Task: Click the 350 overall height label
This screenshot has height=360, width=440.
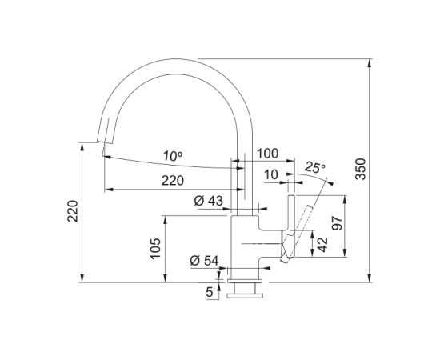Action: coord(361,169)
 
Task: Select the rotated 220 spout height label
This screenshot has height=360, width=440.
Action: coord(73,211)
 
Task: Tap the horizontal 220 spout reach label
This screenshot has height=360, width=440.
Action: coord(173,181)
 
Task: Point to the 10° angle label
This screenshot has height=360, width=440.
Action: coord(173,156)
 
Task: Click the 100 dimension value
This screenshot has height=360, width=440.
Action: coord(268,154)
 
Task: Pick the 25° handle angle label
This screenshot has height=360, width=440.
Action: coord(314,167)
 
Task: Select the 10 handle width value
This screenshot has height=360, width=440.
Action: coord(271,175)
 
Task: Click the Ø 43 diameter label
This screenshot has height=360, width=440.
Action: coord(209,201)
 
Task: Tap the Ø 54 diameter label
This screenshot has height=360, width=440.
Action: coord(204,261)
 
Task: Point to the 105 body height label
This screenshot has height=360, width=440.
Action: coord(155,248)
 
